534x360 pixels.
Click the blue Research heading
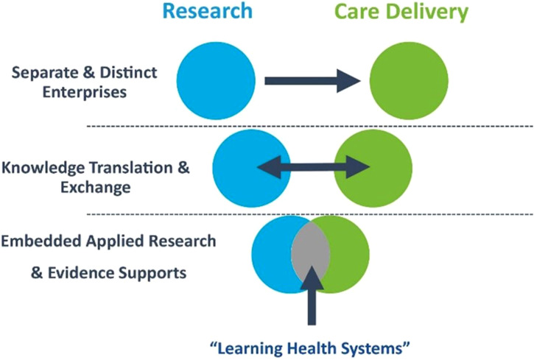click(207, 12)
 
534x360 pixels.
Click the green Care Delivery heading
click(401, 12)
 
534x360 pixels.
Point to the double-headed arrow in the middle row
click(314, 168)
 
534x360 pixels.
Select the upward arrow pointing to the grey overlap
click(312, 294)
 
